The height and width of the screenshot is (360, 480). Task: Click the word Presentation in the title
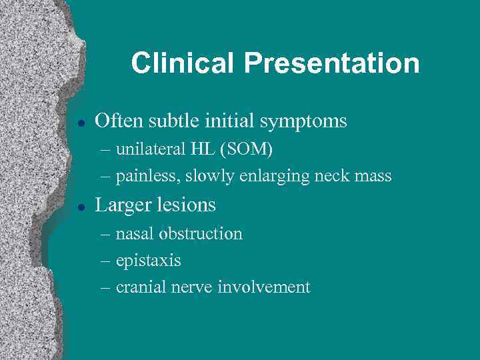coord(331,63)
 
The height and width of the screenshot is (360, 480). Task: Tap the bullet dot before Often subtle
coord(80,122)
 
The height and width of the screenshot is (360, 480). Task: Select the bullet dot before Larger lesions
coord(80,206)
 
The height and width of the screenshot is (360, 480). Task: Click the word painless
coord(147,177)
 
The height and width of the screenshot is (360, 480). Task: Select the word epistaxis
coord(148,261)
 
